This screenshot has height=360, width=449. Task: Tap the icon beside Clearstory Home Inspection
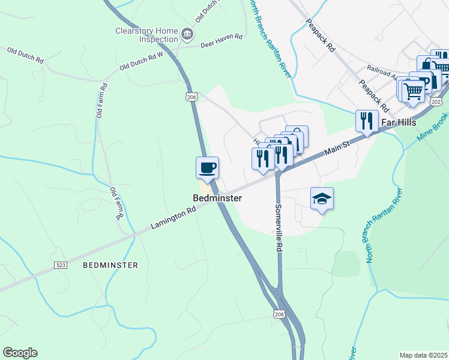188,34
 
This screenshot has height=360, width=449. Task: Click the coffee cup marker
208,167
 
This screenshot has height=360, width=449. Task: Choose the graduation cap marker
322,199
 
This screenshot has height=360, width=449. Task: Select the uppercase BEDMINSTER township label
110,265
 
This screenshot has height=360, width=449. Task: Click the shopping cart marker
413,91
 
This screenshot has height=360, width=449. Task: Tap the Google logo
20,353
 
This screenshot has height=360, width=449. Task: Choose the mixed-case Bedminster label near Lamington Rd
217,198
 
